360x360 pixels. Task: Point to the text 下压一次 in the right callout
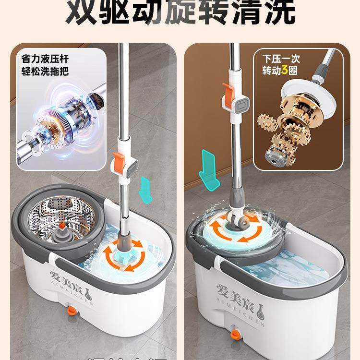click(x=280, y=59)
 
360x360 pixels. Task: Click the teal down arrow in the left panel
click(x=144, y=188)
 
